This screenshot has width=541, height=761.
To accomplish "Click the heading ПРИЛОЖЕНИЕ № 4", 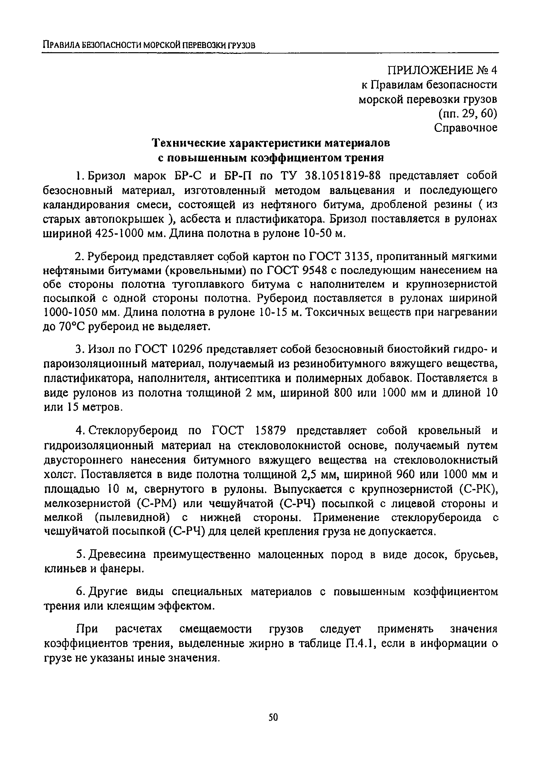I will tap(442, 70).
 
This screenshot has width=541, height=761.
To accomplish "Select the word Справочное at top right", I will tap(466, 128).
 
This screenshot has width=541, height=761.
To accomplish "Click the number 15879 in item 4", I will tap(270, 431).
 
